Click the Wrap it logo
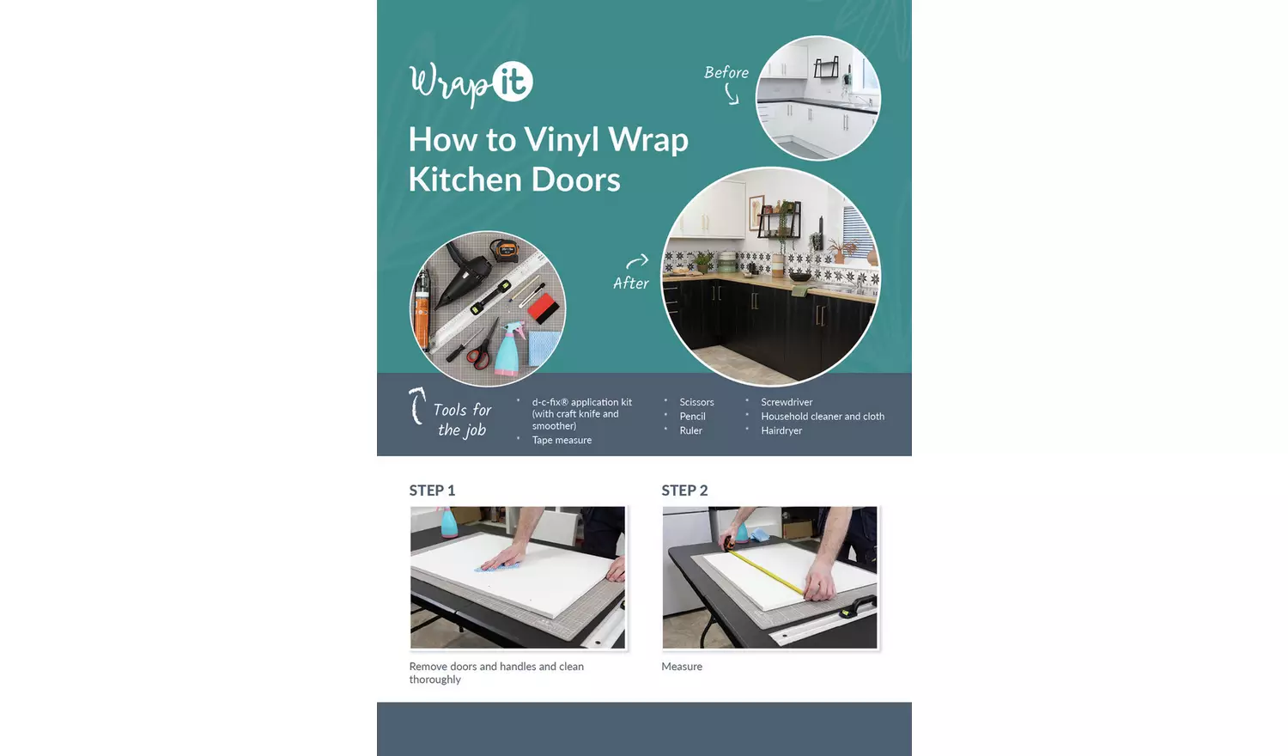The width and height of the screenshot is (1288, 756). click(x=471, y=83)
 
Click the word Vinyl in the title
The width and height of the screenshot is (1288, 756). click(x=562, y=140)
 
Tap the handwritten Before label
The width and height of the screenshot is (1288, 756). click(x=726, y=73)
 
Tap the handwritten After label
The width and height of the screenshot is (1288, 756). click(x=630, y=283)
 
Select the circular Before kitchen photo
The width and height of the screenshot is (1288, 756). click(x=817, y=98)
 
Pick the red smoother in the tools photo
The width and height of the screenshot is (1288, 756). click(x=543, y=308)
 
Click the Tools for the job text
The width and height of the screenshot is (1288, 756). click(x=462, y=419)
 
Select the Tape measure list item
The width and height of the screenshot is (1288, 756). click(x=562, y=440)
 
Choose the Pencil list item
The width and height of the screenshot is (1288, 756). click(x=692, y=417)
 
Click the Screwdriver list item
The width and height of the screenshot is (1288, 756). click(x=787, y=402)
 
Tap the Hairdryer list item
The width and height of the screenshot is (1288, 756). click(x=781, y=430)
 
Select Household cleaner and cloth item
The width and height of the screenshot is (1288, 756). click(x=822, y=417)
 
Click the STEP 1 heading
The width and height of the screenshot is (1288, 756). click(x=432, y=491)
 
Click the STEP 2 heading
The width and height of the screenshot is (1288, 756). click(x=684, y=491)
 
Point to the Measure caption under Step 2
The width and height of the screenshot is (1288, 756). click(x=682, y=667)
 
